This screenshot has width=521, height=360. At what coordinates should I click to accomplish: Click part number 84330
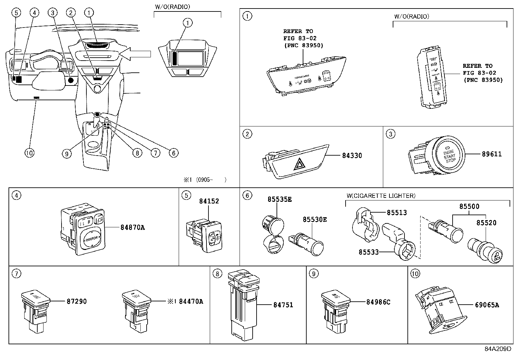[x=352, y=156]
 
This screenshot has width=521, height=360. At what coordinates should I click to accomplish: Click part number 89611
[x=492, y=154]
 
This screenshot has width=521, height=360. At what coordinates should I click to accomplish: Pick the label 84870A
[x=132, y=227]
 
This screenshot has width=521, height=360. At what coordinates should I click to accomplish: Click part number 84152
[x=209, y=201]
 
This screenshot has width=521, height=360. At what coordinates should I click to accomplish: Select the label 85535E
[x=279, y=199]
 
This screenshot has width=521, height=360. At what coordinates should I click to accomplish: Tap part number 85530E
[x=314, y=219]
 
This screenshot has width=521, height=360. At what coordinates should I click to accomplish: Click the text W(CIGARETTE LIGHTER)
[x=381, y=196]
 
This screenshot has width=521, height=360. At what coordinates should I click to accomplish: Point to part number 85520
[x=486, y=223]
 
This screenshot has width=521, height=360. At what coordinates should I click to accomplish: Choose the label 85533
[x=368, y=252]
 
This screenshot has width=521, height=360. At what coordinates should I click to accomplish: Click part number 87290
[x=77, y=301]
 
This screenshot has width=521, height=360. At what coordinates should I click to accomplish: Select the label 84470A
[x=191, y=301]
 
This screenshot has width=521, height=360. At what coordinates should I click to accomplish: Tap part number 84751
[x=283, y=305]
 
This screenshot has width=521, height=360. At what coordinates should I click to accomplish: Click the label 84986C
[x=378, y=302]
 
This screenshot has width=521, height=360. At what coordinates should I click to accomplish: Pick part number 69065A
[x=487, y=305]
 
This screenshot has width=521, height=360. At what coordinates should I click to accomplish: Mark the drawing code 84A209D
[x=497, y=349]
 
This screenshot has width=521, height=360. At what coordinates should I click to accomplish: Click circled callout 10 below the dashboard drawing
[x=29, y=153]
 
